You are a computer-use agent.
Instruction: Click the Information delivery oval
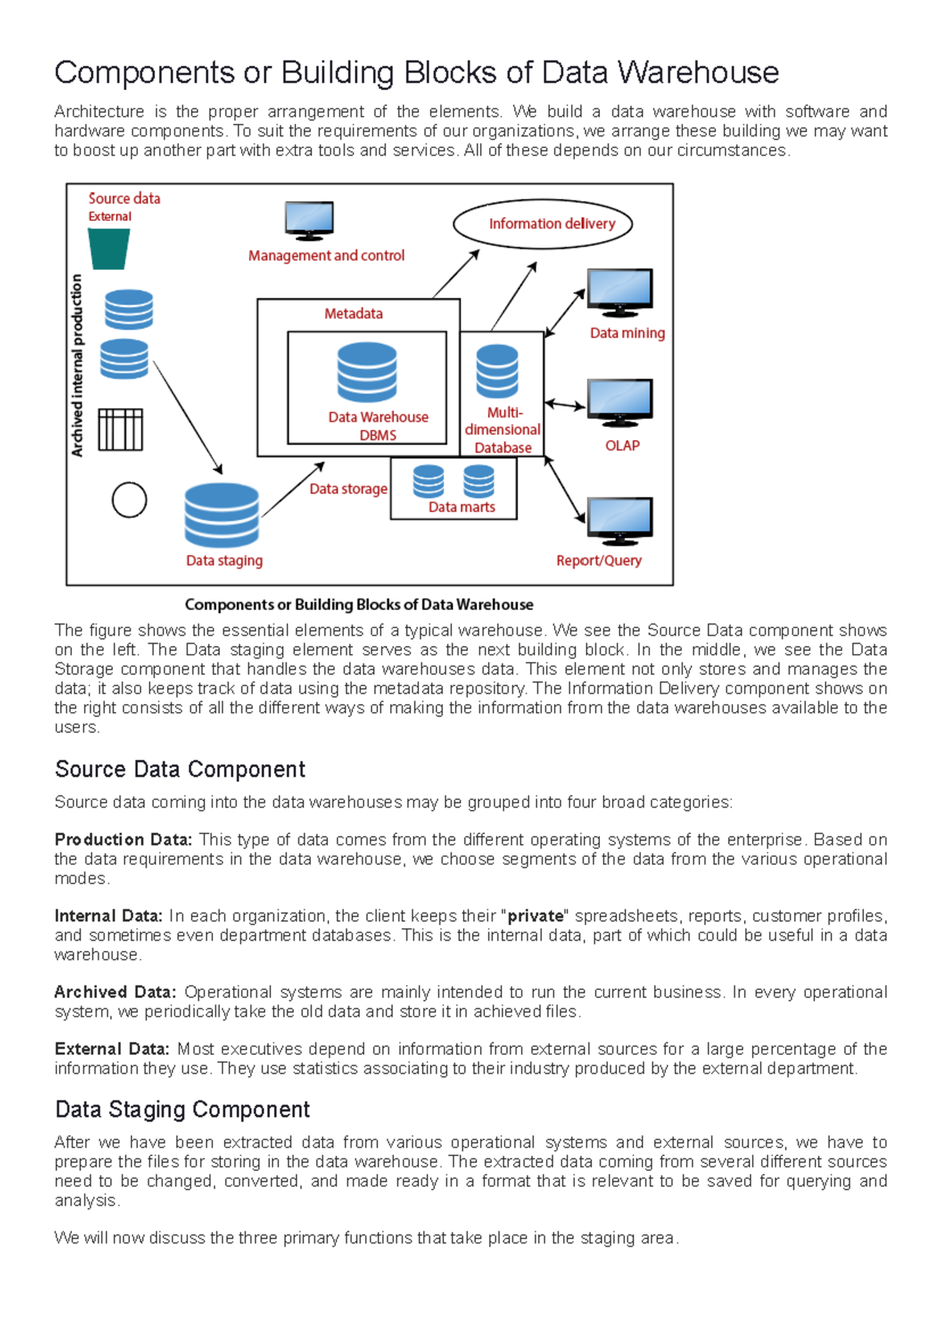point(543,224)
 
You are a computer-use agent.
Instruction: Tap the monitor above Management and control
point(309,220)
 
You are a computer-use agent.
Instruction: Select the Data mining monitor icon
point(620,292)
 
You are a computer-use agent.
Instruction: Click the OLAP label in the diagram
point(622,446)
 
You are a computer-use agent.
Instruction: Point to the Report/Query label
point(598,561)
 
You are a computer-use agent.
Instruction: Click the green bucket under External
point(109,249)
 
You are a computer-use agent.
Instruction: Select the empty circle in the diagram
point(129,500)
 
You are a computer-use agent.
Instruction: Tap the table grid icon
point(121,430)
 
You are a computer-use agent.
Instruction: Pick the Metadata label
point(353,314)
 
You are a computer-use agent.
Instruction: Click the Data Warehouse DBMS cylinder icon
point(367,372)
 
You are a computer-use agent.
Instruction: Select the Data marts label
point(461,508)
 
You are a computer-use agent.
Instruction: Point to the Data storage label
point(348,489)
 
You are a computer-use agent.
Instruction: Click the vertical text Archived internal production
point(77,365)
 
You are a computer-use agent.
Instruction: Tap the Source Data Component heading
point(180,769)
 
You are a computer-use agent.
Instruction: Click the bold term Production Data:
point(123,840)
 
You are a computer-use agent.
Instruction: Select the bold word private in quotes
point(536,916)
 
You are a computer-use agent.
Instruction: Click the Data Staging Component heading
point(183,1109)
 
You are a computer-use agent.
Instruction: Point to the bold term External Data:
point(112,1049)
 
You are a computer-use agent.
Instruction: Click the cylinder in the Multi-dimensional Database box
point(497,371)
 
